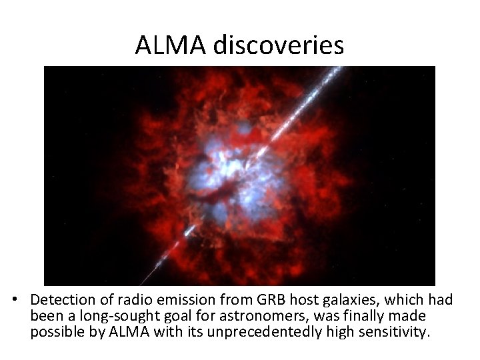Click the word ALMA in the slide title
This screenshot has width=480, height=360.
coord(172,45)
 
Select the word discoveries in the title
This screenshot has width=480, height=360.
coord(279,45)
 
